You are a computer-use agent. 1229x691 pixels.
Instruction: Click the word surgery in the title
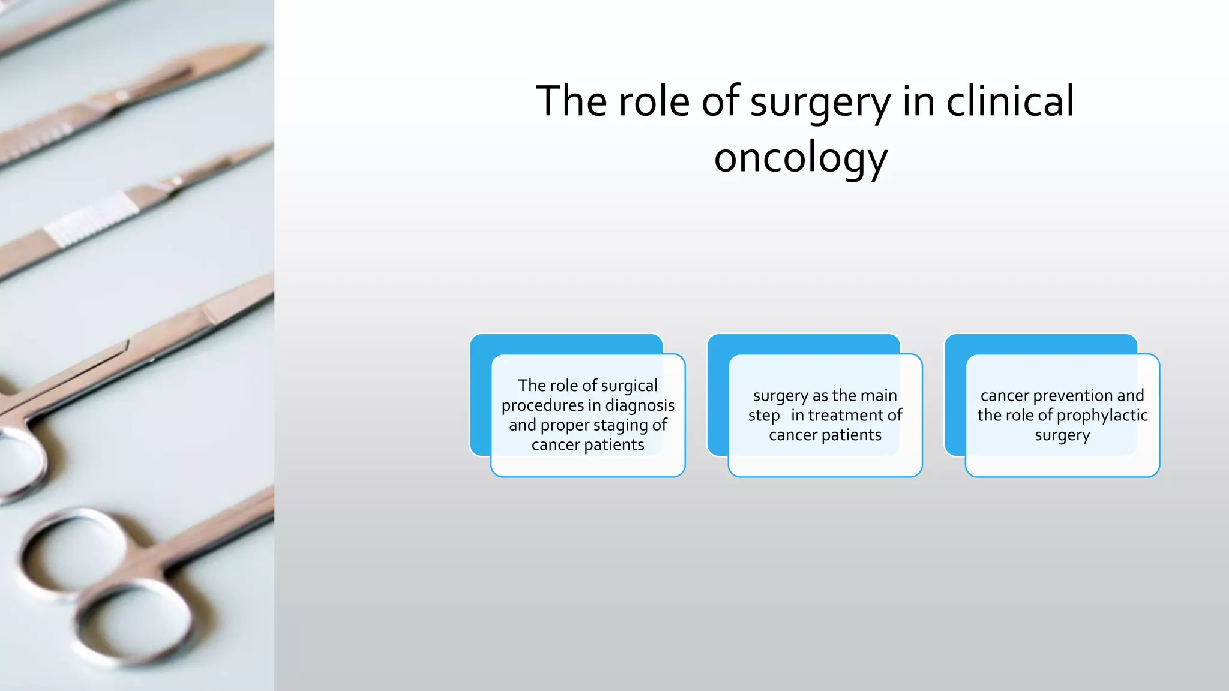(820, 102)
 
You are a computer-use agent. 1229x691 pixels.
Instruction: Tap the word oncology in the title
(801, 157)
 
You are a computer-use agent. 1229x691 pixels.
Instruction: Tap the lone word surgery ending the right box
(1062, 435)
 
